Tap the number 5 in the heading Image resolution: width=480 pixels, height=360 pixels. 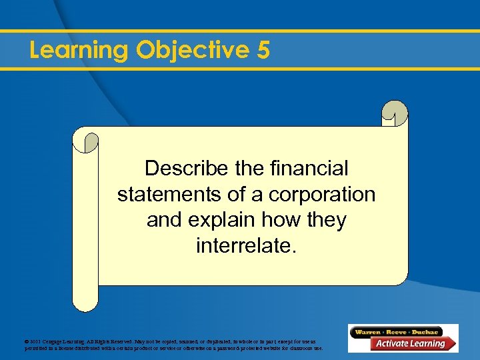263,51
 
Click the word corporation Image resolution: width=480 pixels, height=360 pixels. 322,195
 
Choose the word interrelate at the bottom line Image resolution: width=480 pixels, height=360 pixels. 244,246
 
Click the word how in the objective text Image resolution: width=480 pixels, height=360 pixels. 274,220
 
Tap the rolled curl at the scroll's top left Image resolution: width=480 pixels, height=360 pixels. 85,140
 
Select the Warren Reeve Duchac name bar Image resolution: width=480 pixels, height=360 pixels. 397,332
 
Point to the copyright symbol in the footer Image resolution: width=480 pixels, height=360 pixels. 26,342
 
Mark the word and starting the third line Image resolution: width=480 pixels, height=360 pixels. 163,220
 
